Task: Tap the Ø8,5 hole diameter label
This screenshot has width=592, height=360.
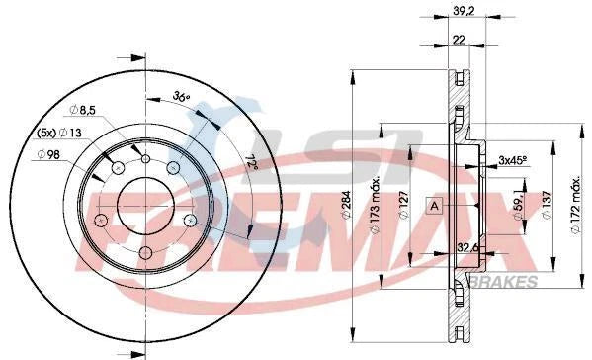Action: (83, 111)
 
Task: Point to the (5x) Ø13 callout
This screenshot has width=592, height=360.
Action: (60, 133)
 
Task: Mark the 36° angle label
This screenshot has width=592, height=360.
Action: (181, 97)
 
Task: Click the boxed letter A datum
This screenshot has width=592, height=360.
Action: (435, 205)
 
